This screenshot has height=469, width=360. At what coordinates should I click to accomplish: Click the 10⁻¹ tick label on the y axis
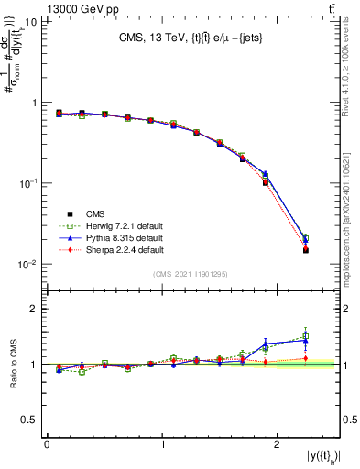click(x=27, y=183)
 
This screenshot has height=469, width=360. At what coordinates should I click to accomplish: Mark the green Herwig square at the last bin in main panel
click(x=306, y=238)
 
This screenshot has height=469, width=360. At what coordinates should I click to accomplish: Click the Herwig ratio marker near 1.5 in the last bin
click(x=306, y=336)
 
